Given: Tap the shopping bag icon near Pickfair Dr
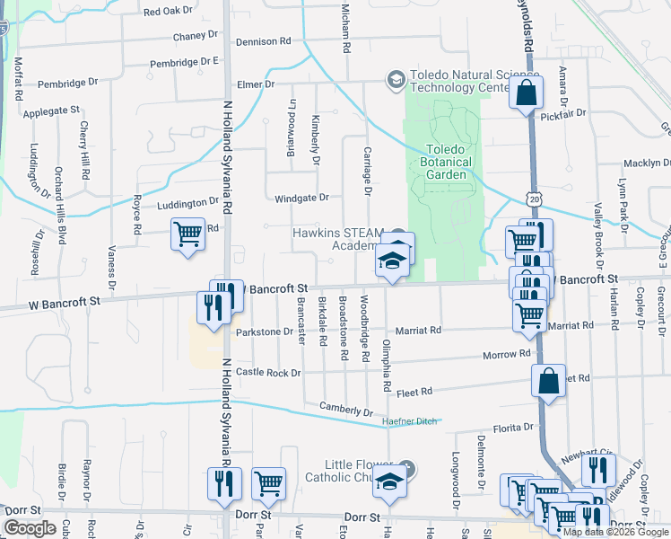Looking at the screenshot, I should [x=526, y=93].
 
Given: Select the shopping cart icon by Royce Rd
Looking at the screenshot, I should [x=187, y=234].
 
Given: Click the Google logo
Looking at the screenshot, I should [x=30, y=528].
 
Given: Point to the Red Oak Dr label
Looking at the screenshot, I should [x=169, y=12].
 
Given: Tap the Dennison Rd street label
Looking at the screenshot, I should [x=264, y=41].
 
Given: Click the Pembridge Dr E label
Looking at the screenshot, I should [x=186, y=62].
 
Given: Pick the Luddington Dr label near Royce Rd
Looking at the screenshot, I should [x=188, y=204].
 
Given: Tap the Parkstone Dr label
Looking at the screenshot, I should [x=265, y=331].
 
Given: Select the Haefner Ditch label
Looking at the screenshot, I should [x=409, y=420].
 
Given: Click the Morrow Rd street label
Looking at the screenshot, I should [x=507, y=355].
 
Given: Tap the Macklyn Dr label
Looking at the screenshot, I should [x=648, y=163].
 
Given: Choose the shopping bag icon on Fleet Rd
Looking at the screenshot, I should [x=548, y=380].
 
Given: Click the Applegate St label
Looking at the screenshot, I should [x=51, y=111].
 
